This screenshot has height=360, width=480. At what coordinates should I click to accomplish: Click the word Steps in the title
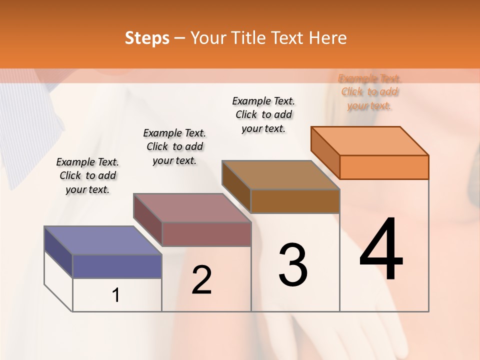pos(147,38)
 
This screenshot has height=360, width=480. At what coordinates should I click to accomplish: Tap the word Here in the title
pos(328,38)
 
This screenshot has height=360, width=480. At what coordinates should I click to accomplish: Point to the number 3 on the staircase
pos(293,264)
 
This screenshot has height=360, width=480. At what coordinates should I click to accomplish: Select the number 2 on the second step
pos(201,279)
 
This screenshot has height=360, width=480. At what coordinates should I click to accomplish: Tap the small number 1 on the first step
pos(116,295)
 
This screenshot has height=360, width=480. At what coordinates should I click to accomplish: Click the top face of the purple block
pos(102,240)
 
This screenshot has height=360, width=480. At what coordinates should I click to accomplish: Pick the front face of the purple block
pos(117,266)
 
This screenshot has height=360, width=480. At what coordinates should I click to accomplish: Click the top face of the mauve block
pos(191,207)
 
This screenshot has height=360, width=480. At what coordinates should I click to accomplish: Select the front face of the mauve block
pos(206,234)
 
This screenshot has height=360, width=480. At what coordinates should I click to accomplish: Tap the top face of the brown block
pos(280,175)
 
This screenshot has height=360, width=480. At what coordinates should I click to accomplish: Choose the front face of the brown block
pos(295,201)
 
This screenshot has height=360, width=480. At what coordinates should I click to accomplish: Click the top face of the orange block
pos(369,140)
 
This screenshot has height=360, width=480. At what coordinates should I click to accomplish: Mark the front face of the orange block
pos(384,167)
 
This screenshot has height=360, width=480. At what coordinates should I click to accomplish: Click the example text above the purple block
pos(87,175)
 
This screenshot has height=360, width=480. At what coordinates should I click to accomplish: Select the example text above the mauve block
pos(174,146)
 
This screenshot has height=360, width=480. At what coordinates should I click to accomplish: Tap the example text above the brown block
pos(263,114)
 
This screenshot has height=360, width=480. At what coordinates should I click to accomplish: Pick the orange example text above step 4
pos(369,92)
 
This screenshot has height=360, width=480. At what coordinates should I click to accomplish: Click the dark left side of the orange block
pos(325,152)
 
